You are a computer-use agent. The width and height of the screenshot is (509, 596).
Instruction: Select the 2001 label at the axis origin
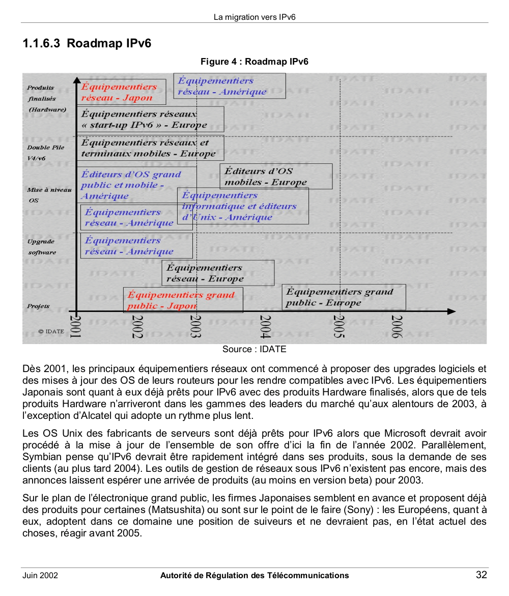(x=75, y=327)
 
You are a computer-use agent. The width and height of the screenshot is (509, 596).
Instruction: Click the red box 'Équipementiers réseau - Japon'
(x=121, y=92)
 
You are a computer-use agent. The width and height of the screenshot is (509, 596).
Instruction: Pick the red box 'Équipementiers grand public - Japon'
(x=183, y=300)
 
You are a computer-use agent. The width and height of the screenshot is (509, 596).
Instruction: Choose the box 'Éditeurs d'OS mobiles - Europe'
(x=275, y=177)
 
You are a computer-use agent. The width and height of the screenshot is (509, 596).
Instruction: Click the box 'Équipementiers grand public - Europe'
(x=344, y=297)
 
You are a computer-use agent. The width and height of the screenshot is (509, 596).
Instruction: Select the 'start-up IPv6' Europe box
(x=150, y=119)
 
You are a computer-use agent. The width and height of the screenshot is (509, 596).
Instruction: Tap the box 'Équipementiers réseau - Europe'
(x=217, y=273)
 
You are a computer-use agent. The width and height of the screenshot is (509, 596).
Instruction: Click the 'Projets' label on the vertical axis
(x=39, y=306)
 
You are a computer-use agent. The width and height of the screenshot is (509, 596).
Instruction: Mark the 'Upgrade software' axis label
(x=42, y=247)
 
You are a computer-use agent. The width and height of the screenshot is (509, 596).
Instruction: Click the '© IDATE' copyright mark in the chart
(x=51, y=331)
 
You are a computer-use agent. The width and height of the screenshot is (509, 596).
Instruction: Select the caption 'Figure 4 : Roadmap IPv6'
(x=254, y=62)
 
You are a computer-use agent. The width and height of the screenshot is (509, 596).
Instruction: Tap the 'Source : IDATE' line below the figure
(x=254, y=349)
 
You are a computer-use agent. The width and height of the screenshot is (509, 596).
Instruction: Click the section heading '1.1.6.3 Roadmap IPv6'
(x=87, y=43)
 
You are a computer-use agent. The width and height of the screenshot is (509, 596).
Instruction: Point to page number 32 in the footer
(x=481, y=575)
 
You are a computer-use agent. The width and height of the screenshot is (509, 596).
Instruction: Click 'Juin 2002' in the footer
(x=40, y=576)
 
